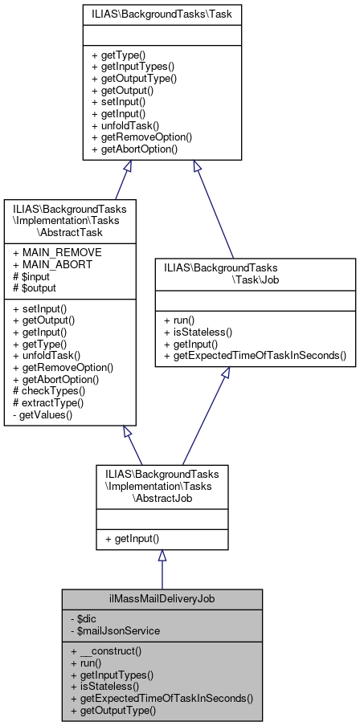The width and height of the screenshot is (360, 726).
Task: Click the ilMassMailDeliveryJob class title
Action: [x=162, y=599]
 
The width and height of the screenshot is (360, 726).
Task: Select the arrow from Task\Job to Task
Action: [x=213, y=209]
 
